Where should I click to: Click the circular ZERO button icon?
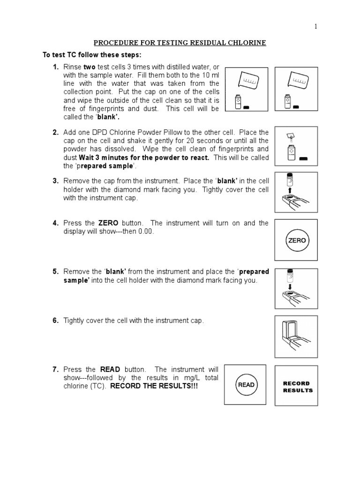coord(297,240)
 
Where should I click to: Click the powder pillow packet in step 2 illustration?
coord(290,136)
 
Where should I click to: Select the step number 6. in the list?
coord(56,321)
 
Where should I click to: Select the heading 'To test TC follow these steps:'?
coord(89,55)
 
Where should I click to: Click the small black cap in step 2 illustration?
coord(302,159)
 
